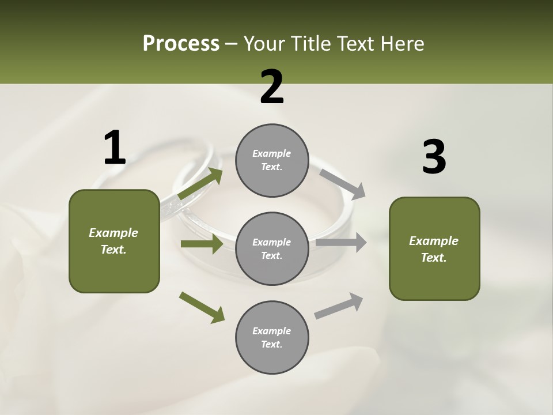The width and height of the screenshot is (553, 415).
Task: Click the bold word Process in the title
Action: (181, 44)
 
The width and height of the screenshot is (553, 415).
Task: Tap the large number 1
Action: (115, 149)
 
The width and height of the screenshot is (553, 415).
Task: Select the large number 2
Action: (272, 88)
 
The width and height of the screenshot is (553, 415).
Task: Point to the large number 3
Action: (434, 157)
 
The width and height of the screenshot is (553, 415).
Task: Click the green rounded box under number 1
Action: (114, 241)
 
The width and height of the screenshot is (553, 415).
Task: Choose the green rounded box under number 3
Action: (434, 249)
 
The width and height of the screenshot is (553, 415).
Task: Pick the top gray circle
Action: (272, 160)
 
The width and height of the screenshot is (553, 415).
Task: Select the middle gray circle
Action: (272, 249)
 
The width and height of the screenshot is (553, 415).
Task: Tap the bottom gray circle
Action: (272, 338)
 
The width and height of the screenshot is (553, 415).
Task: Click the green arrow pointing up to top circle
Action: (200, 184)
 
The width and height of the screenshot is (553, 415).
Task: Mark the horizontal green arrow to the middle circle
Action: (202, 244)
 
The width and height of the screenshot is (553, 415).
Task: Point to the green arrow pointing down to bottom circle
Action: (202, 307)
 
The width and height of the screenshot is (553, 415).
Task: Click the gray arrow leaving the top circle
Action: (342, 184)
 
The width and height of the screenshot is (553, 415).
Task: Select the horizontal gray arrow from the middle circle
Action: (341, 243)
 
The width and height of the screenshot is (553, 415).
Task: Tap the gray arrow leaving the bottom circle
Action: (339, 306)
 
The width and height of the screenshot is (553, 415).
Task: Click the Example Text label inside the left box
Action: (114, 241)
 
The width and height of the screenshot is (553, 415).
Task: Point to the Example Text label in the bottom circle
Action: (272, 338)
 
